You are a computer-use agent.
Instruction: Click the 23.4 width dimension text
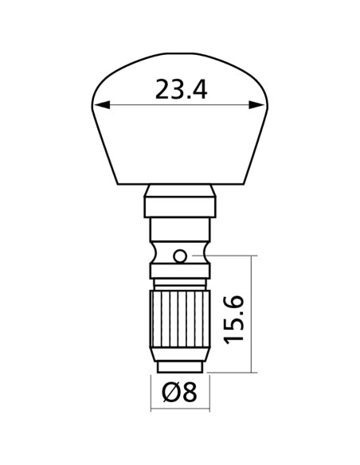(x=181, y=89)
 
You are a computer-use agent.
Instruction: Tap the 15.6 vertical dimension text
(x=233, y=320)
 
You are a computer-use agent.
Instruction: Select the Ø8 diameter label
(x=179, y=392)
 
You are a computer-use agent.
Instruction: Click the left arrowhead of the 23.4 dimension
(x=102, y=104)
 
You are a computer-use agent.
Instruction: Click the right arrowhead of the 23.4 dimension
(x=256, y=104)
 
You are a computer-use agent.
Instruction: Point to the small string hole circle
(x=180, y=256)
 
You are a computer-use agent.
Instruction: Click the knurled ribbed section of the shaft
(x=180, y=318)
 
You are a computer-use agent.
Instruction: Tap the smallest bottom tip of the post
(x=180, y=367)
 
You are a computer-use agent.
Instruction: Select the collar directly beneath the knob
(x=180, y=201)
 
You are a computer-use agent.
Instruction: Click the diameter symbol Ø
(x=171, y=392)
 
